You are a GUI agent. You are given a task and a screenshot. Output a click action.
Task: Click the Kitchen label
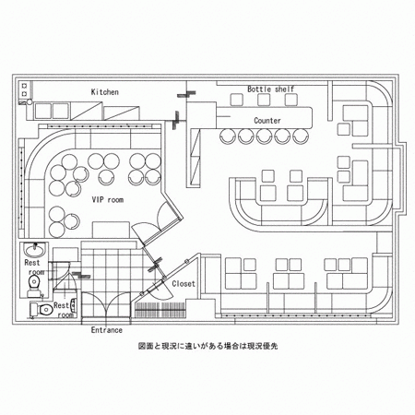point(105,92)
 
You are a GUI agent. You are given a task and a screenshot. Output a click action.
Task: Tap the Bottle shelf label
point(271,89)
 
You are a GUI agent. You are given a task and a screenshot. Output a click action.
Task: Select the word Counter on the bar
point(267,121)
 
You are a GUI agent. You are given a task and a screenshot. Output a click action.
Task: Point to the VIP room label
point(108,200)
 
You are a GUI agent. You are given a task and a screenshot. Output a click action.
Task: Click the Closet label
point(184,283)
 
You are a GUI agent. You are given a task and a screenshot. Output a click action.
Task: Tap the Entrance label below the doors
point(107,330)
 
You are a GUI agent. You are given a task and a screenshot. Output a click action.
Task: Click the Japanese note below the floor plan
point(208,346)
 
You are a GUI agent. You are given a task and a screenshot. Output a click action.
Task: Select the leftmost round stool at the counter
point(228,136)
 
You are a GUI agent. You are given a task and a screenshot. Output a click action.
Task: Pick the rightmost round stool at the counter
point(301,136)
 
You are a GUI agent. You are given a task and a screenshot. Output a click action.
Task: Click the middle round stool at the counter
point(264,136)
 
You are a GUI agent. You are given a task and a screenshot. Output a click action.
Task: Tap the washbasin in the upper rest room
point(35,250)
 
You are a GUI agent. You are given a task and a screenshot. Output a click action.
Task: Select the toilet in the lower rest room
point(42,309)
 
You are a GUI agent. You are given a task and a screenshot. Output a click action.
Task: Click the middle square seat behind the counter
point(264,100)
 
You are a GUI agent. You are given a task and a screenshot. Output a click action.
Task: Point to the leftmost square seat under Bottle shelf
point(237,100)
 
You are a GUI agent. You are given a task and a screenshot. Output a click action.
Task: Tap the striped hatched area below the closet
point(160,310)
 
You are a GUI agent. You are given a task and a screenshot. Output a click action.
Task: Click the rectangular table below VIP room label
point(111,230)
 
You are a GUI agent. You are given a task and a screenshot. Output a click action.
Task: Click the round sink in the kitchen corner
point(30,102)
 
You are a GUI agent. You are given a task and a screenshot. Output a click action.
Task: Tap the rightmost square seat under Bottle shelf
point(290,100)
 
